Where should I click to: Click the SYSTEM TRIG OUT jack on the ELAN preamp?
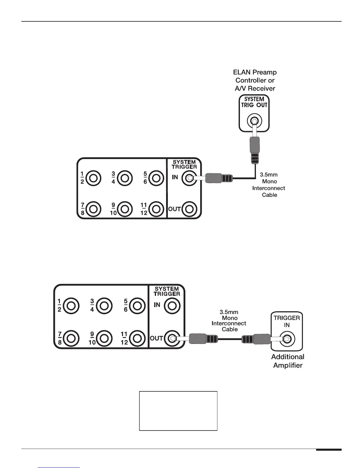(254, 121)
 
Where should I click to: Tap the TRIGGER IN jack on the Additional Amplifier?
(287, 339)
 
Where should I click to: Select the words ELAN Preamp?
(255, 72)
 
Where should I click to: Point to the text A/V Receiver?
(255, 88)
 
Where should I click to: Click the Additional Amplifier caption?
(287, 361)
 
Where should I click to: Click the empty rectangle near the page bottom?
(178, 411)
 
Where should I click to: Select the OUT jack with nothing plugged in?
(189, 209)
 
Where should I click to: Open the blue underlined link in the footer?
(59, 467)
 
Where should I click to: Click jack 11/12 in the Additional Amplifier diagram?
(137, 338)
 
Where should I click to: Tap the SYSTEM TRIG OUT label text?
(254, 102)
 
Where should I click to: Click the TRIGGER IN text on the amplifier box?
(286, 321)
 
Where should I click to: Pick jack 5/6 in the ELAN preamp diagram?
(156, 178)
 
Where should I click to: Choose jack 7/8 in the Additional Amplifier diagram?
(71, 338)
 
